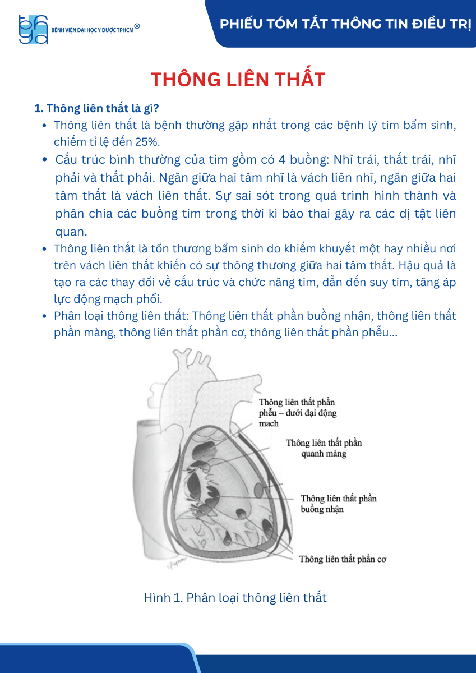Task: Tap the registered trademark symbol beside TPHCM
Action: (137, 26)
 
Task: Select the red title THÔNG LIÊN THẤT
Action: (238, 80)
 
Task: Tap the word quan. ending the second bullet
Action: (71, 232)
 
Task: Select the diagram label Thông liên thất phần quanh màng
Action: (324, 448)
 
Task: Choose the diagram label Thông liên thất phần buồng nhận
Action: (338, 504)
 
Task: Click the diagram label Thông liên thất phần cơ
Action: (343, 559)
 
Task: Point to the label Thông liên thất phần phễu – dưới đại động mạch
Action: (298, 413)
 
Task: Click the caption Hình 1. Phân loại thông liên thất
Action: (235, 597)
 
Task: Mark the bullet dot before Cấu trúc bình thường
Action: (45, 160)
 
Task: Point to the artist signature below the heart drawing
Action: (175, 566)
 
